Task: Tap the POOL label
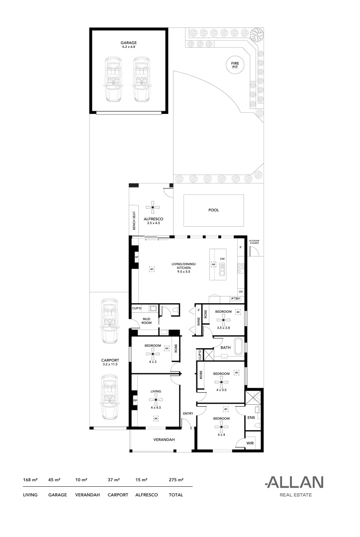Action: tap(213, 210)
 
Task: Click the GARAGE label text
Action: tap(128, 43)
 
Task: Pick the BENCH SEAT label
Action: tap(134, 219)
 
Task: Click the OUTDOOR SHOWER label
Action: tap(254, 242)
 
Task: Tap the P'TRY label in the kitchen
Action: tap(236, 298)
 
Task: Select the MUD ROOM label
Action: tap(147, 321)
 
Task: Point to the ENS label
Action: tap(251, 418)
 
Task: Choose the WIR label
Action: tap(250, 442)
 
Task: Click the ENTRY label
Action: tap(187, 414)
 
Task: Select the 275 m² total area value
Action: tap(177, 480)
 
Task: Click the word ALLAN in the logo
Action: tap(294, 482)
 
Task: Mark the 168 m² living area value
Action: tap(31, 480)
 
